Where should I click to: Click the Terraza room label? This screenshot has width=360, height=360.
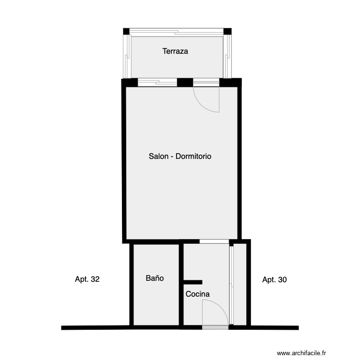coord(175,51)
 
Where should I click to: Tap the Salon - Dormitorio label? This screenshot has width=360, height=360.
coord(180,156)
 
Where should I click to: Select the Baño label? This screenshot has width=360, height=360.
coord(155,278)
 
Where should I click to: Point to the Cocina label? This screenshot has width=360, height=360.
coord(197,294)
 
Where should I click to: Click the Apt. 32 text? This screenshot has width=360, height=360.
coord(87,279)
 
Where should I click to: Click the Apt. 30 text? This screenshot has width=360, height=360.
coord(275,279)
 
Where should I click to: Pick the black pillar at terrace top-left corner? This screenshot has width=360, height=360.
coord(126,32)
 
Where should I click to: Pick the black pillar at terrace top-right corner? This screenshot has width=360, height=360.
coord(228,32)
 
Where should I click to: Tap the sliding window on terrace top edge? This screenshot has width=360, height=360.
coord(177,32)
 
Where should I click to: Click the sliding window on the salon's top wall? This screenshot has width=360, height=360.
coord(157,82)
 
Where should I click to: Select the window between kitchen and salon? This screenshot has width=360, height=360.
coord(214,241)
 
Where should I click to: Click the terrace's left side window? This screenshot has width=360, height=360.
coord(127,56)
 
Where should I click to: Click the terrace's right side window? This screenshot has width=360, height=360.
coord(228,56)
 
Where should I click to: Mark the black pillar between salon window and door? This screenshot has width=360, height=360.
coord(185,82)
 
